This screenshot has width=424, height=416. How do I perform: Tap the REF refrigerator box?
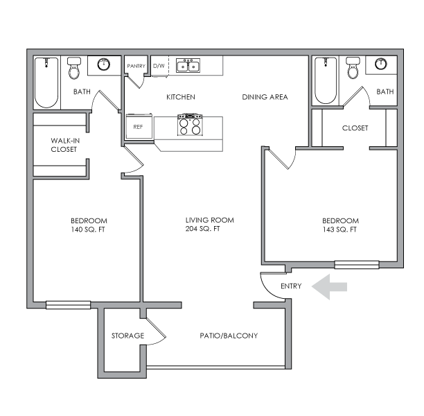coord(138,127)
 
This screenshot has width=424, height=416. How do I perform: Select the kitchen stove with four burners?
coord(188,125)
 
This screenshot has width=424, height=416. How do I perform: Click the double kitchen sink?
coord(187,67)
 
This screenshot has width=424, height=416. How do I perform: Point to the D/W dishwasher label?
coord(159,66)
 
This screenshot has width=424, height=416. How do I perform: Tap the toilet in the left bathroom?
coord(73,69)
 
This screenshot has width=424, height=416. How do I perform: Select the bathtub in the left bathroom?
coord(47,83)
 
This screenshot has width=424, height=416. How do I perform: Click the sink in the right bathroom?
coord(382,64)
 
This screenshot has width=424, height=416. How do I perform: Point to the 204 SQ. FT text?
coord(202,229)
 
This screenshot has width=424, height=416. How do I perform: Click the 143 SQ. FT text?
coord(339,229)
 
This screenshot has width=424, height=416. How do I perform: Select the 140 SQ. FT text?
coord(88,229)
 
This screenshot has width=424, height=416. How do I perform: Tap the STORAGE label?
coord(127,336)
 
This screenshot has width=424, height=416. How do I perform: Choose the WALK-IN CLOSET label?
coord(64,144)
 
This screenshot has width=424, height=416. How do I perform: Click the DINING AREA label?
coord(265,97)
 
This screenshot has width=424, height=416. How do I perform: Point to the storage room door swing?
coord(157,331)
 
